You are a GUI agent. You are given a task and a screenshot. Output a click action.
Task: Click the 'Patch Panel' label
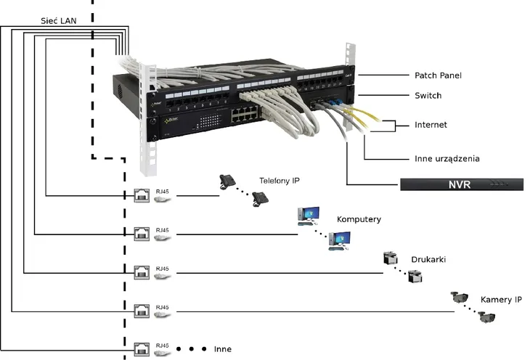tap(437, 75)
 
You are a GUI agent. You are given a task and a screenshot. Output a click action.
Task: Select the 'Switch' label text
tap(428, 96)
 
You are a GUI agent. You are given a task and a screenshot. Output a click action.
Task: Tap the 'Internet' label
tap(431, 125)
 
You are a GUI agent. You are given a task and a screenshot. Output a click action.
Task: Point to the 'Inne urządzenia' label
tap(447, 158)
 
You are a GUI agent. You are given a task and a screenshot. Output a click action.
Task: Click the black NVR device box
tap(461, 184)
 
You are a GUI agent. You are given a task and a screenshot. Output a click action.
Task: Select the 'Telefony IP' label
tap(280, 180)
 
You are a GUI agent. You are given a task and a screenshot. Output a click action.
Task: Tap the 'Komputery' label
tap(359, 218)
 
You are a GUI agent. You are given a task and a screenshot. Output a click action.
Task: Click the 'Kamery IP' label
tap(501, 299)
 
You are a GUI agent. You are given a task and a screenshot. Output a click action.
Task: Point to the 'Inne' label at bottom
tap(223, 349)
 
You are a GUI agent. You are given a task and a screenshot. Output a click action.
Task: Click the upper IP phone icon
tap(227, 181)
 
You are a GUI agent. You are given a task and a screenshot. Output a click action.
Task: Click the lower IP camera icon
tap(486, 316)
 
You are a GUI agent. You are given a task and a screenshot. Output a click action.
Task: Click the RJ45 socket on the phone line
tap(142, 195)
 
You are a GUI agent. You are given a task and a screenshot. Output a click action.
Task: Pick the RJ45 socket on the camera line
tap(142, 311)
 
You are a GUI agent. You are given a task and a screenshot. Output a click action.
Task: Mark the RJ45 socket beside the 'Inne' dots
tap(142, 348)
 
